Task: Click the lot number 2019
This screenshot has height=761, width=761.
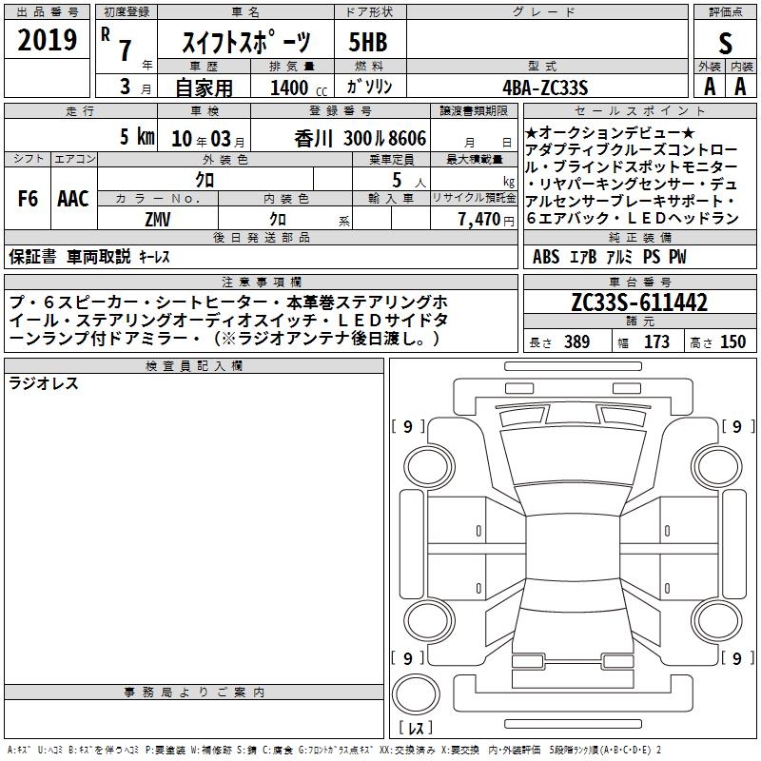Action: pos(47,40)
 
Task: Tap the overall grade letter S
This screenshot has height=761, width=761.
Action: pos(725,43)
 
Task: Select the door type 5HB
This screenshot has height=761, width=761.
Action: pos(368,42)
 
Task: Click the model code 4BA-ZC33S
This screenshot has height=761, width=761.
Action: pos(545,88)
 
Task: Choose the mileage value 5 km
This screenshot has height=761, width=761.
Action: pos(137,136)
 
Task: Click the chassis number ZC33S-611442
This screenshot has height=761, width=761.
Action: pos(639,302)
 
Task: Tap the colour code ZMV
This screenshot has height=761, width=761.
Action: pos(158,220)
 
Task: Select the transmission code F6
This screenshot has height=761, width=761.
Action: pos(28,199)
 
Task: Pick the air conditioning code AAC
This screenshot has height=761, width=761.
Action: pos(73,199)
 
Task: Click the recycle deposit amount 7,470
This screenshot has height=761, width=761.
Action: pos(479,219)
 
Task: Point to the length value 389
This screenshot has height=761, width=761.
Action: pos(576,341)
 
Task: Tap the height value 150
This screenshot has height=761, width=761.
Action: pos(732,341)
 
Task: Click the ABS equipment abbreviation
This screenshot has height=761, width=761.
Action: pos(545,256)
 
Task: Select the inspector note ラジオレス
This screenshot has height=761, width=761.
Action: pos(43,383)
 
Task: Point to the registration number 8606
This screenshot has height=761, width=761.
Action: pos(407,138)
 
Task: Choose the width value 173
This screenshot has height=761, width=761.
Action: pos(656,341)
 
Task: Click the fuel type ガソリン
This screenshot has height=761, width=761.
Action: pos(369,87)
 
